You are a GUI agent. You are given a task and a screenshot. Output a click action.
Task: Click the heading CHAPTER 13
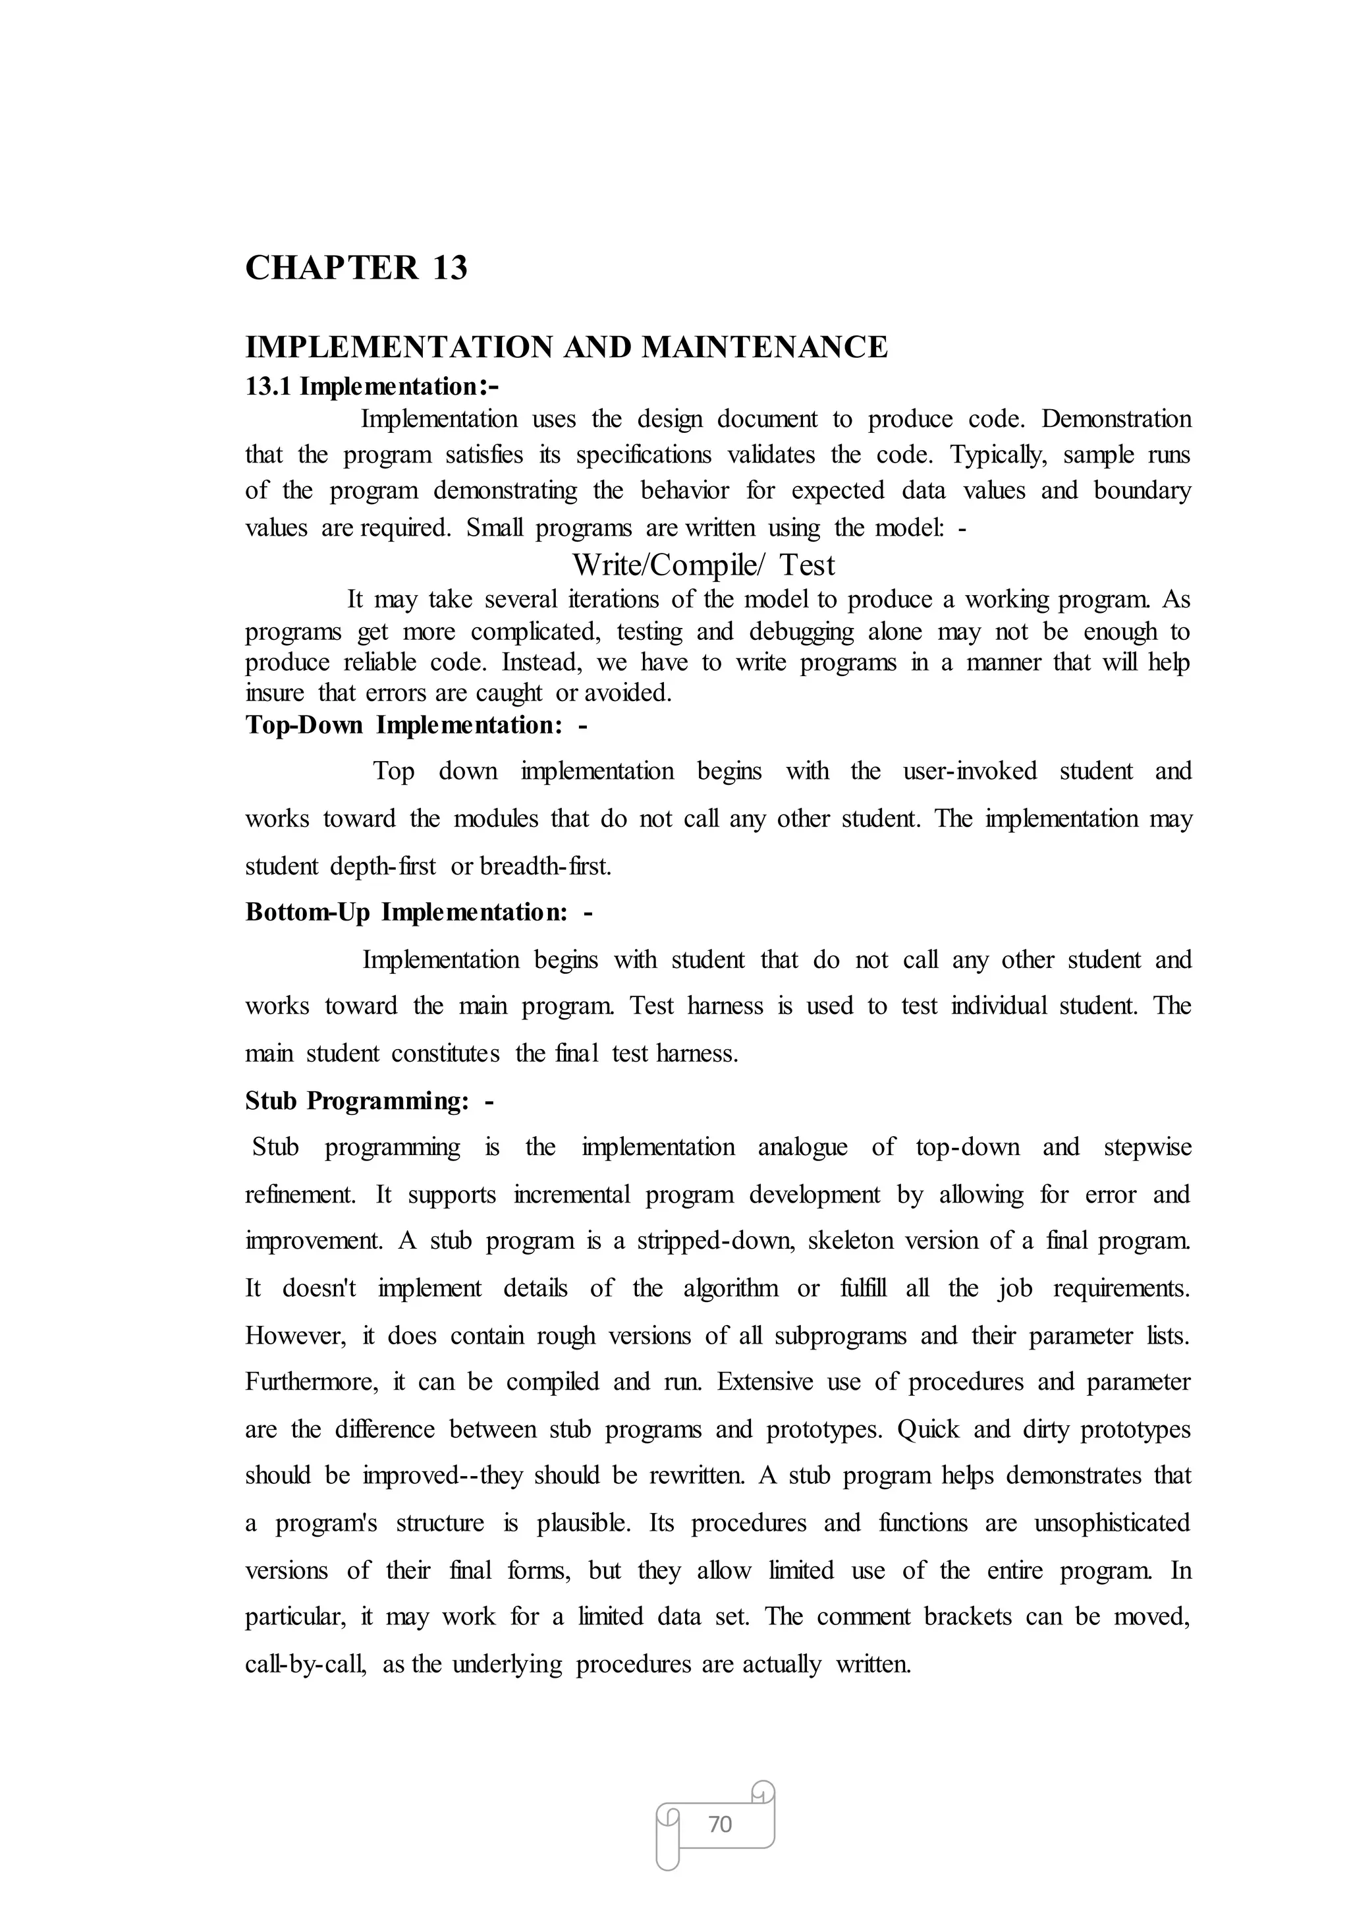coord(356,268)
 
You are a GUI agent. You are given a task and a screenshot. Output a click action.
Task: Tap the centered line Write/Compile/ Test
coord(703,565)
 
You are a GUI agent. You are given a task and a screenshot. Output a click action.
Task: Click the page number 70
coord(719,1825)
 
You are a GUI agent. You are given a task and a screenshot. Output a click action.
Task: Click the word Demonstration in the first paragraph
coord(1116,419)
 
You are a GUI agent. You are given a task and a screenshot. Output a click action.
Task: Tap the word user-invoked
coord(970,771)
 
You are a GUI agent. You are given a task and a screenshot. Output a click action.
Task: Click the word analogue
coord(802,1147)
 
